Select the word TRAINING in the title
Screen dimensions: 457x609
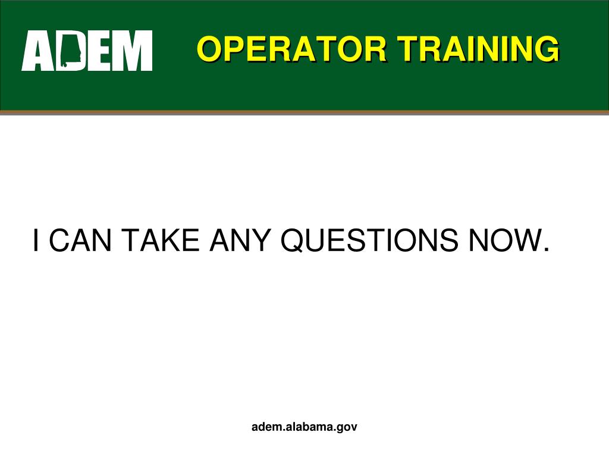(x=479, y=49)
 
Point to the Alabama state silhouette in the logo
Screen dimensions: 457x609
(x=71, y=51)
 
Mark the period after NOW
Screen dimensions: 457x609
(x=545, y=249)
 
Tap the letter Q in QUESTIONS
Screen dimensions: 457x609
(x=293, y=240)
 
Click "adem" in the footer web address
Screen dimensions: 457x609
(x=266, y=427)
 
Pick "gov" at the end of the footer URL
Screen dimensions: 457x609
(x=348, y=427)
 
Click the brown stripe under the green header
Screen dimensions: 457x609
(x=304, y=112)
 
